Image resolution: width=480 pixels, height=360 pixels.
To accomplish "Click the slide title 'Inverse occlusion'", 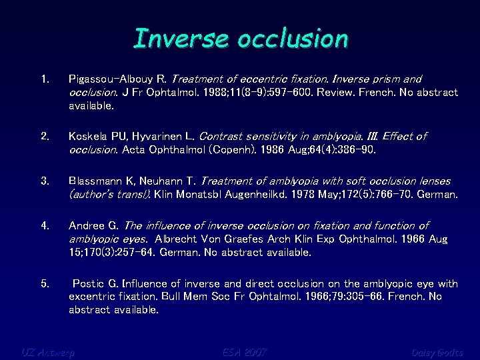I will [x=241, y=39].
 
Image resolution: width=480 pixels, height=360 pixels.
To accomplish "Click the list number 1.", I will [x=45, y=79].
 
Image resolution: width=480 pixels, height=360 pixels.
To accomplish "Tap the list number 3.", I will [x=45, y=181].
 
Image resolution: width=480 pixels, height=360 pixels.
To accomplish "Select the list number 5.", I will [x=45, y=284].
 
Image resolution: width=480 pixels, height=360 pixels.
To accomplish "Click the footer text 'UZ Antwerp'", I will [x=47, y=352].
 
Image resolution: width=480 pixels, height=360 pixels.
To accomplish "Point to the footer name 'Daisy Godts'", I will [x=437, y=352].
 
